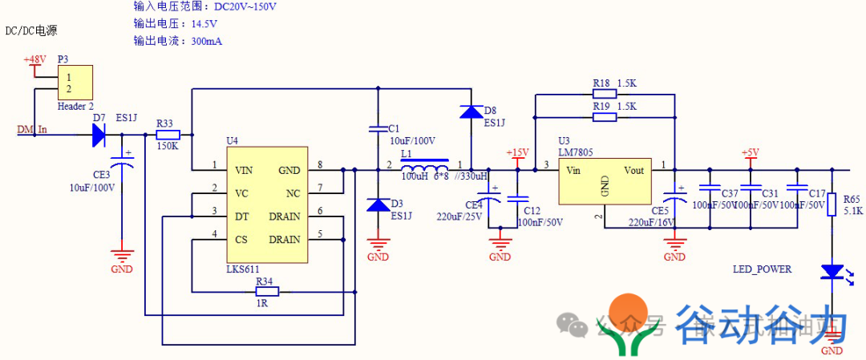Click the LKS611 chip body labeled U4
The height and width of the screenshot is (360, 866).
pyautogui.click(x=267, y=204)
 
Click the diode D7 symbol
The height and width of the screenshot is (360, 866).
pyautogui.click(x=99, y=136)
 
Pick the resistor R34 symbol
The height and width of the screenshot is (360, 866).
pyautogui.click(x=265, y=293)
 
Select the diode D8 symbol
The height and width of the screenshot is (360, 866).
pyautogui.click(x=471, y=111)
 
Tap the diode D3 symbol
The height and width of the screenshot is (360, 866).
pyautogui.click(x=378, y=205)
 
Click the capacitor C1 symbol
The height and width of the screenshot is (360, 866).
pyautogui.click(x=378, y=128)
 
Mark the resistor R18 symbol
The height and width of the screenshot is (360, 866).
pyautogui.click(x=603, y=95)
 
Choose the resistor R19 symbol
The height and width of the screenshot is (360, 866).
pyautogui.click(x=603, y=117)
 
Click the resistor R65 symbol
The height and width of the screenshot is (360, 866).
pyautogui.click(x=832, y=204)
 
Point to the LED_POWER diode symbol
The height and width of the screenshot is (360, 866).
pyautogui.click(x=832, y=273)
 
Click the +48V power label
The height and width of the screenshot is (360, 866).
pyautogui.click(x=34, y=60)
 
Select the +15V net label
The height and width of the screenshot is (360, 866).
pyautogui.click(x=517, y=153)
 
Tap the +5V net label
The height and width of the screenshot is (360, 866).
pyautogui.click(x=750, y=152)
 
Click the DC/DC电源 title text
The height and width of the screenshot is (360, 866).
pyautogui.click(x=31, y=31)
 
